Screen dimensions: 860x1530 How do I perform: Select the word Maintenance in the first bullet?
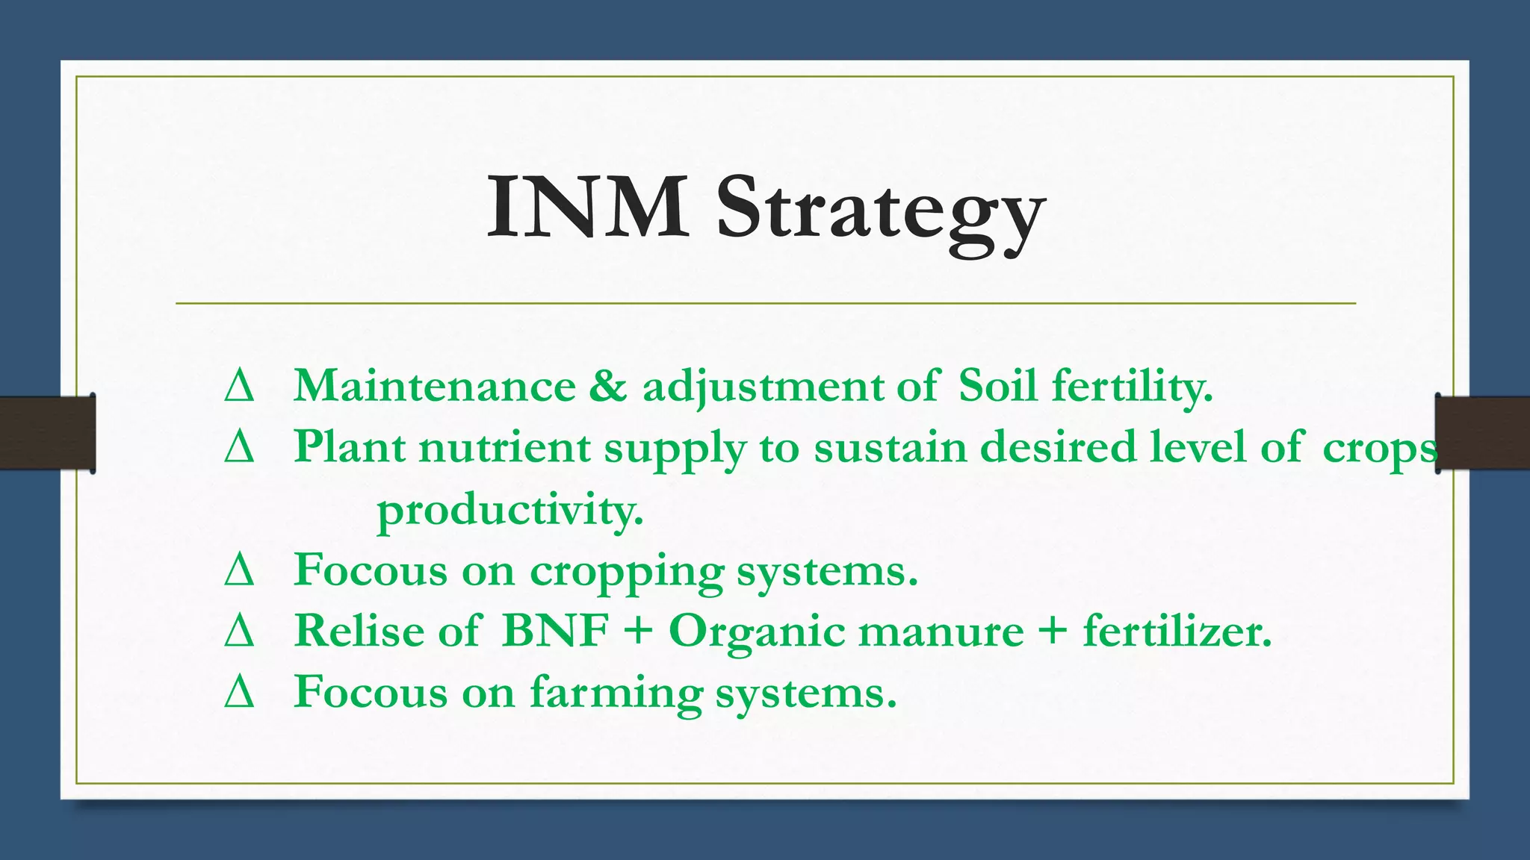pyautogui.click(x=434, y=387)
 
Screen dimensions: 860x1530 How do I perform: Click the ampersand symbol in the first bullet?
pyautogui.click(x=608, y=387)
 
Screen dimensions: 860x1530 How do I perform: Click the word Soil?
pyautogui.click(x=997, y=387)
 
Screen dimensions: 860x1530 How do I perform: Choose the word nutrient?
pyautogui.click(x=504, y=448)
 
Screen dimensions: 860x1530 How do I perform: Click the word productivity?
pyautogui.click(x=510, y=511)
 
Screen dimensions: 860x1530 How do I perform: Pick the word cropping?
pyautogui.click(x=627, y=572)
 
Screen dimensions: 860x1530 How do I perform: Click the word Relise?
pyautogui.click(x=359, y=631)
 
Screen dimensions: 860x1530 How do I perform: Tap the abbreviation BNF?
pyautogui.click(x=555, y=631)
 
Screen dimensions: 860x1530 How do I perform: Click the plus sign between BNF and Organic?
pyautogui.click(x=637, y=632)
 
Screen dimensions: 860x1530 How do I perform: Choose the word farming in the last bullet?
pyautogui.click(x=616, y=694)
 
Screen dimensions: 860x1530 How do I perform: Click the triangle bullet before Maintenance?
pyautogui.click(x=239, y=387)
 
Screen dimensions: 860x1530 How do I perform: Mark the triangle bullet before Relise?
pyautogui.click(x=239, y=632)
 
